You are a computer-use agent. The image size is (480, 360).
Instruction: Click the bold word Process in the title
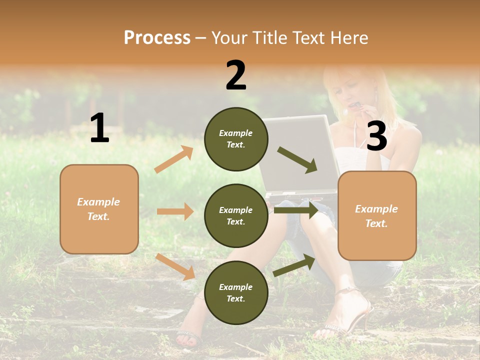pos(157,37)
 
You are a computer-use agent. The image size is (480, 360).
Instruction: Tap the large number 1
pos(99,128)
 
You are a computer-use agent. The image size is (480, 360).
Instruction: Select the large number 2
pos(236,75)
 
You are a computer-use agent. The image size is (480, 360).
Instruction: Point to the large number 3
pos(377,136)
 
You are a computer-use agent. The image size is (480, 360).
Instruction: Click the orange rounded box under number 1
pos(99,209)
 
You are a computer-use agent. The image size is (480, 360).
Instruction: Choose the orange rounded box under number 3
pos(377,215)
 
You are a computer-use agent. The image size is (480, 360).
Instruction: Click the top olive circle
pos(236,139)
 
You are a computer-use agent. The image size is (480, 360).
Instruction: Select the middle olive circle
pos(236,215)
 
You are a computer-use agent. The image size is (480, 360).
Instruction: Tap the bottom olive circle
pos(236,292)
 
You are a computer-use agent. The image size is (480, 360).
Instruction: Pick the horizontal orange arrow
pos(175,211)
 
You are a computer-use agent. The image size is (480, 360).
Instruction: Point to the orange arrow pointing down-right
pos(175,266)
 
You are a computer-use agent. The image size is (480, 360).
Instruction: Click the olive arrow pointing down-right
pos(297,160)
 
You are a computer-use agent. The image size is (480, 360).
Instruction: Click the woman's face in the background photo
pos(350,90)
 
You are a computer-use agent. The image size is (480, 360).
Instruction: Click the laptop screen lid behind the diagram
pos(300,150)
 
